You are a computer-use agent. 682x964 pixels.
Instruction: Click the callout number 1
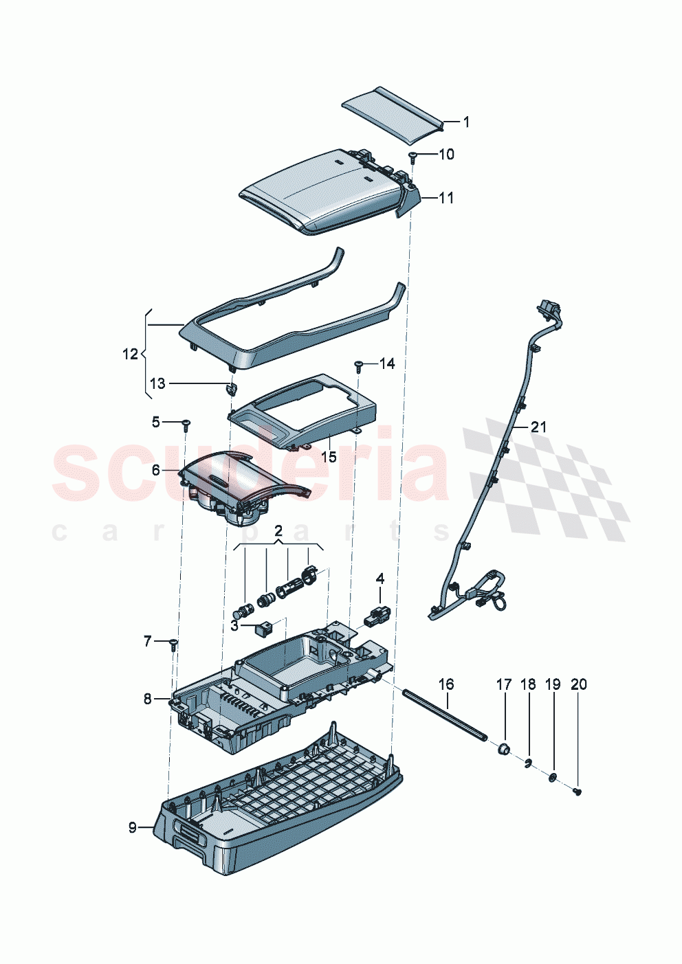point(466,122)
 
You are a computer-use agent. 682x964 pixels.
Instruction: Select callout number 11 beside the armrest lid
point(446,198)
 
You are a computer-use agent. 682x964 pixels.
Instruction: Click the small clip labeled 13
point(232,390)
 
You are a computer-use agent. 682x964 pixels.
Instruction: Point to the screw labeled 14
point(359,364)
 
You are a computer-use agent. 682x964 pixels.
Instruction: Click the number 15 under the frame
point(329,457)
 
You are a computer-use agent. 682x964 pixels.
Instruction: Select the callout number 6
point(155,470)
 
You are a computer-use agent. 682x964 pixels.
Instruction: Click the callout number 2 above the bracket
point(278,531)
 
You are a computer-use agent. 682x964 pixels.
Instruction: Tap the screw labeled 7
point(173,644)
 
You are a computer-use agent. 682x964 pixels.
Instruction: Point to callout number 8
point(147,699)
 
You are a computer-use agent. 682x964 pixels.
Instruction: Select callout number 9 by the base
point(133,828)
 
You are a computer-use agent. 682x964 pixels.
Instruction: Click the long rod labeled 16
point(445,715)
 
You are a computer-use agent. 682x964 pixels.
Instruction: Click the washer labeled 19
point(552,777)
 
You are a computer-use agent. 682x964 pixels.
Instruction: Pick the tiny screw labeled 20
point(577,792)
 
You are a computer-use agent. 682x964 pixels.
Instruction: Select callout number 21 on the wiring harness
point(538,427)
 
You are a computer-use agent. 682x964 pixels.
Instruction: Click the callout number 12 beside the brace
point(130,355)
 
